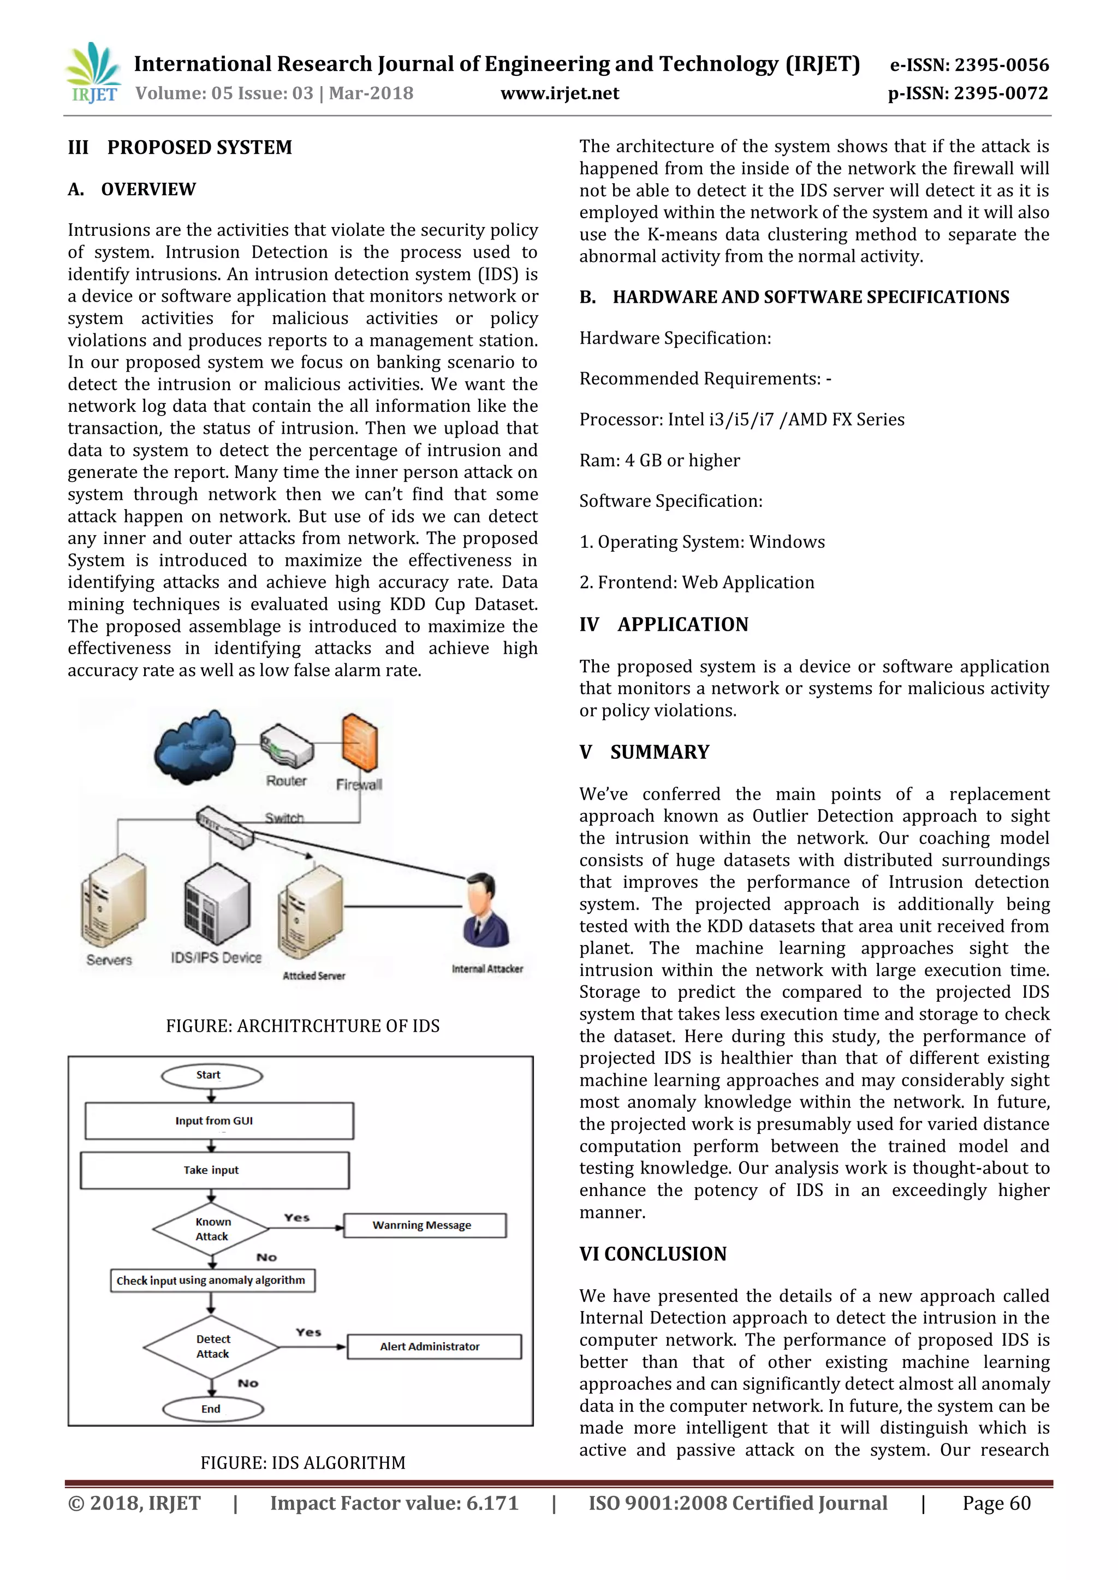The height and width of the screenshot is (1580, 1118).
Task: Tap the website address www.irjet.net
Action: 560,94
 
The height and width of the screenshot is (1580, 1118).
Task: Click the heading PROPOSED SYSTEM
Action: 200,147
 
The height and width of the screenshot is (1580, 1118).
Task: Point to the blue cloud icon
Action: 194,747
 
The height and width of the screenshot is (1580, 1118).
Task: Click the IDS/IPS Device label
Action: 216,958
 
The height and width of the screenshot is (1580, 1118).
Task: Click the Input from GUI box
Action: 219,1121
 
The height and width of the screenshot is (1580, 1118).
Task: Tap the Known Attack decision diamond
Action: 211,1229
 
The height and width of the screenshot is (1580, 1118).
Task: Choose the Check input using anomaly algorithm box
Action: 212,1280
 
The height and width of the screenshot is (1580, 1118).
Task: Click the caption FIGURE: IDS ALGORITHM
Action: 303,1462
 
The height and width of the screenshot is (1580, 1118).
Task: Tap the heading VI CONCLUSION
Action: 653,1254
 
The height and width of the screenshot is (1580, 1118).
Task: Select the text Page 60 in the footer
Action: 996,1504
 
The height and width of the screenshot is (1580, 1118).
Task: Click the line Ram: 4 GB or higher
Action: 659,460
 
